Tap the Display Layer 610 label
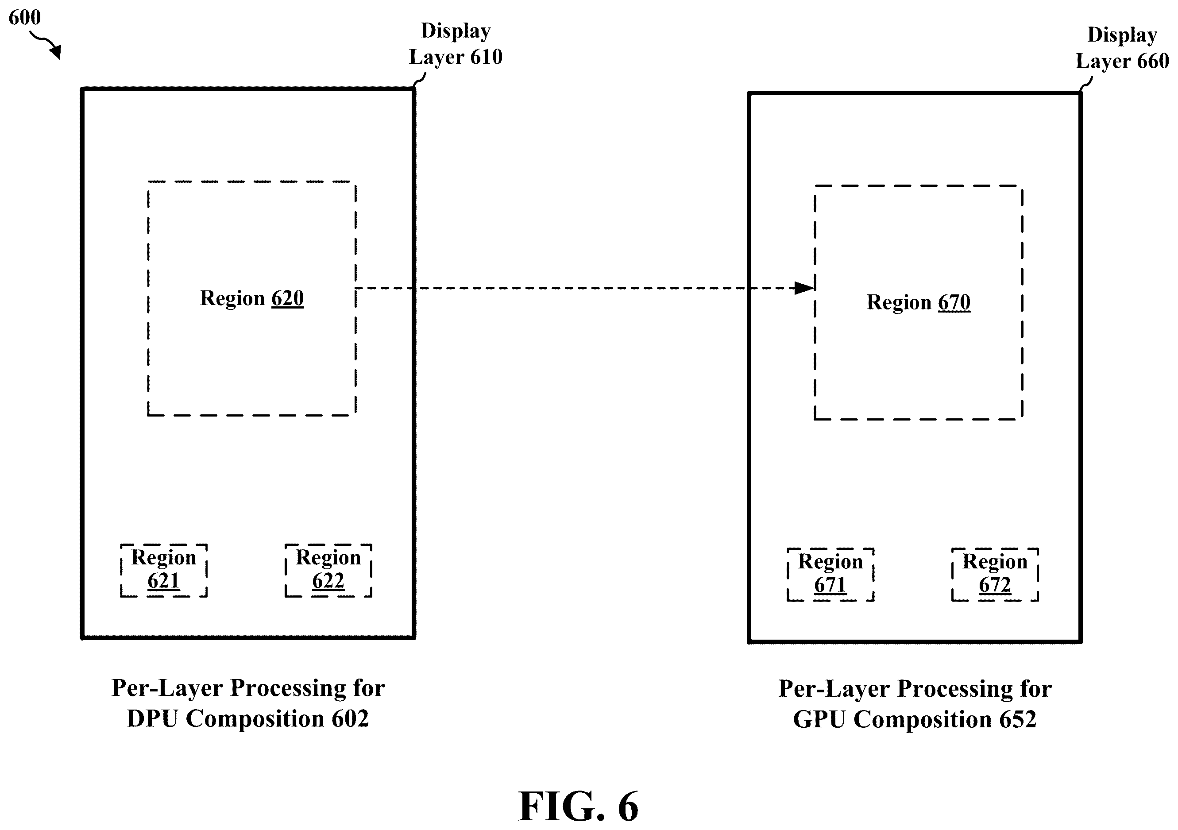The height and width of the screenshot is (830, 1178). click(456, 44)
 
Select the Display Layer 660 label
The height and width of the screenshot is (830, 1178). click(1122, 48)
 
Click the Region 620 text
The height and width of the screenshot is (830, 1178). click(252, 298)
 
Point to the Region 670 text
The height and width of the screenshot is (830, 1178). click(919, 302)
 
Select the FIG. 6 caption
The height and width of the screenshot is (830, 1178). click(578, 807)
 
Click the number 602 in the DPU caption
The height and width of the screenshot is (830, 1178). click(350, 719)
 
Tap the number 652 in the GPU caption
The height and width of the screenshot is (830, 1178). click(1017, 719)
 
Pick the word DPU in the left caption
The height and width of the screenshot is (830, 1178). click(153, 719)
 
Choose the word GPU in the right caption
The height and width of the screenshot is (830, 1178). click(819, 719)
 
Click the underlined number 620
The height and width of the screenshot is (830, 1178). click(288, 298)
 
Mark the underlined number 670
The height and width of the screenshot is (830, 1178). click(954, 302)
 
